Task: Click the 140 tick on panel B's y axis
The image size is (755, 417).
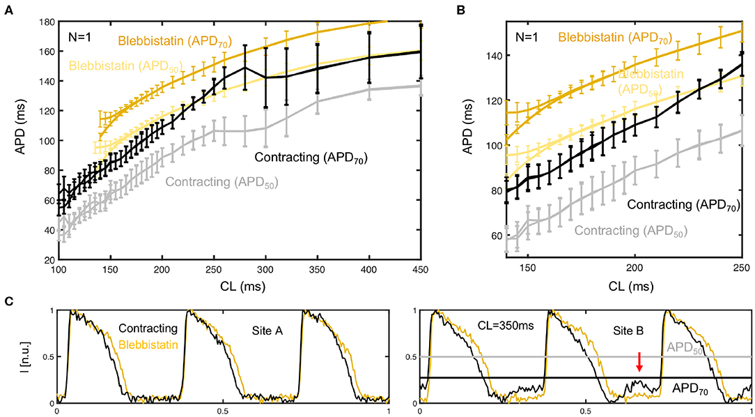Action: click(498, 55)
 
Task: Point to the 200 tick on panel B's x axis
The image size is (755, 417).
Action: click(635, 269)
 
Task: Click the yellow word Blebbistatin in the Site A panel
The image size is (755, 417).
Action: click(148, 344)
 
